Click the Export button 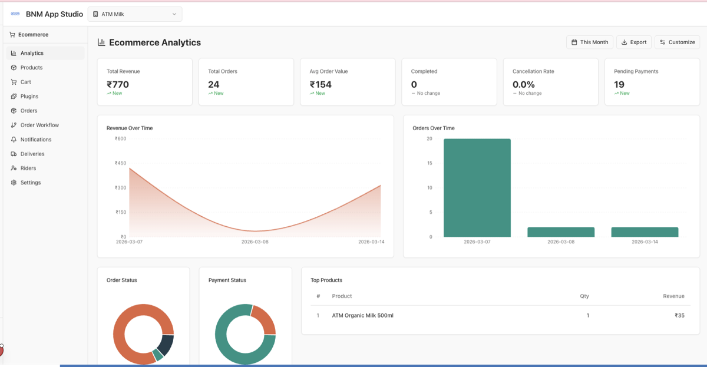point(634,42)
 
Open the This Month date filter point(590,42)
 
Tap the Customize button point(677,42)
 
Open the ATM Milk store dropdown point(135,14)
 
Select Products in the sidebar point(31,68)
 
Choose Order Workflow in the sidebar point(39,125)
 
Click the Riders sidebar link point(28,168)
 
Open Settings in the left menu point(31,183)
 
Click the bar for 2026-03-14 point(645,232)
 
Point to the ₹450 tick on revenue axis point(120,163)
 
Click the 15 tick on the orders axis point(429,163)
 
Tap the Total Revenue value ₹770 point(118,84)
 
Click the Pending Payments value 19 point(619,84)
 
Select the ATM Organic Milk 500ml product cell point(362,316)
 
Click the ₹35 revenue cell point(679,316)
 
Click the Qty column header point(584,296)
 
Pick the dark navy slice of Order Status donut point(167,345)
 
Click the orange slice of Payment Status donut point(265,319)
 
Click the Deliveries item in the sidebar point(32,154)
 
